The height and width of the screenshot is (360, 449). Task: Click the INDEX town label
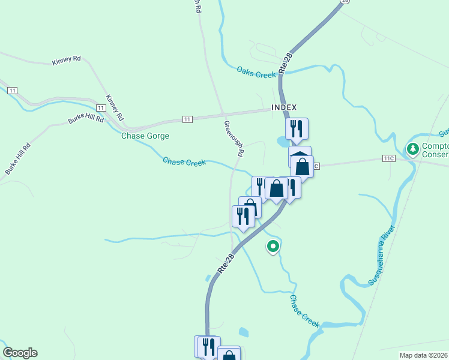point(284,107)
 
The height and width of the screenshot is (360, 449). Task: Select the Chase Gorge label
point(145,136)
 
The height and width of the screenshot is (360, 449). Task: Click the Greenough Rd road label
point(234,139)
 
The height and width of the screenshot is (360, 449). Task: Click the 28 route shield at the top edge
point(344,2)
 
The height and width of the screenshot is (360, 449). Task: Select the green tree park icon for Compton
point(412,148)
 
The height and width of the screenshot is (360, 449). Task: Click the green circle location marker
point(273,245)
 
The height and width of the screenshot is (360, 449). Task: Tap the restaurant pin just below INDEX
point(297,128)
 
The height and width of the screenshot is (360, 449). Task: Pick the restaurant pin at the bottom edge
point(208,346)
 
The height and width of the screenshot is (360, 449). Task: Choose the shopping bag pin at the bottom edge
point(229,354)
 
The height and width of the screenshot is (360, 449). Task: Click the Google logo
point(20,353)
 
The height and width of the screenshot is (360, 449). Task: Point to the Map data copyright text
point(424,355)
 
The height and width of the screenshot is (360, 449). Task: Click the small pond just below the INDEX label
point(282,142)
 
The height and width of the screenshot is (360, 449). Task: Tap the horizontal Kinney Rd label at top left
point(66,61)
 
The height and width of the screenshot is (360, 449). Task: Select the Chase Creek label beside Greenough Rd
point(184,161)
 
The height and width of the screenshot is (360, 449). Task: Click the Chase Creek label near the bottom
point(304,310)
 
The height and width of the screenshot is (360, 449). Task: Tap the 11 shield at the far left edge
point(12,90)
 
